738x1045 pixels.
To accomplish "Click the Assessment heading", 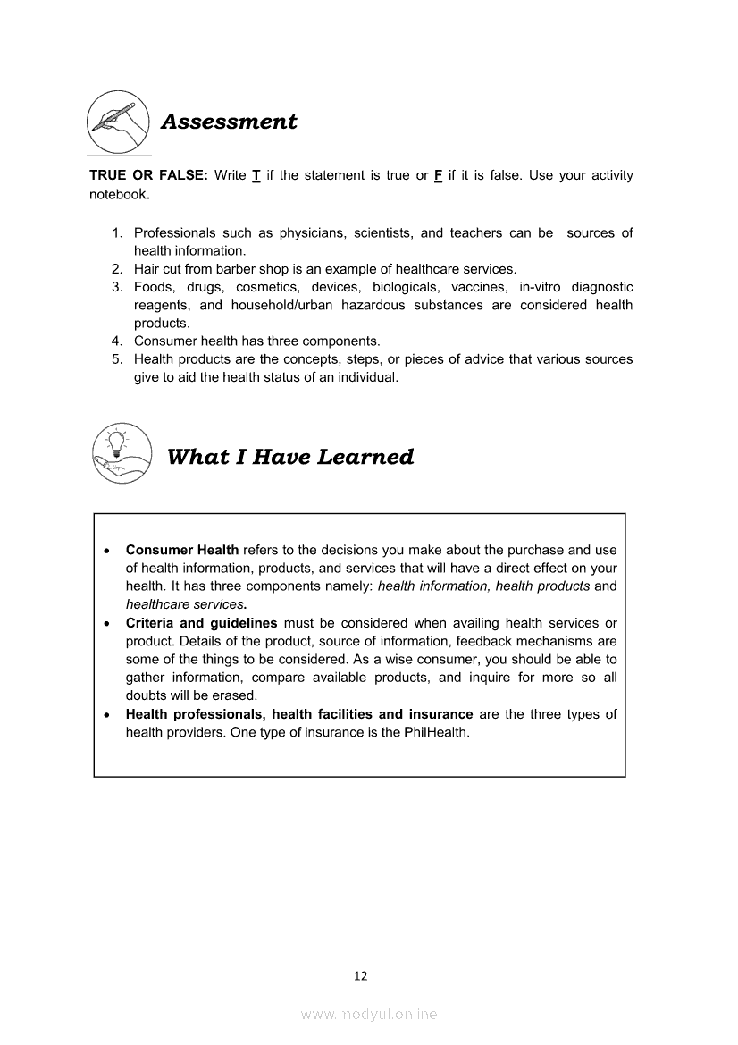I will point(229,122).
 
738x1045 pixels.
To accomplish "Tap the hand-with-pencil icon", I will point(118,122).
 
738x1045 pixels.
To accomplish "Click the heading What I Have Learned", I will point(290,458).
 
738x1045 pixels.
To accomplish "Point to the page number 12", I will point(360,975).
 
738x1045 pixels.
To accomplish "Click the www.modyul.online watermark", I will point(369,1014).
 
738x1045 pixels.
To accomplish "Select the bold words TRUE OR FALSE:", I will point(148,175).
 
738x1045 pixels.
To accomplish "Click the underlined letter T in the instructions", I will point(256,175).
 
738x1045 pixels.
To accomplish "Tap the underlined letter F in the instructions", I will point(438,175).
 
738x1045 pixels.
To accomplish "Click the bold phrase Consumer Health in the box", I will point(182,550).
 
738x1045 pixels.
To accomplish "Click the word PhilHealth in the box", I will point(437,732).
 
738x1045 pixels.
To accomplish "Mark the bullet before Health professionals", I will point(107,715).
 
